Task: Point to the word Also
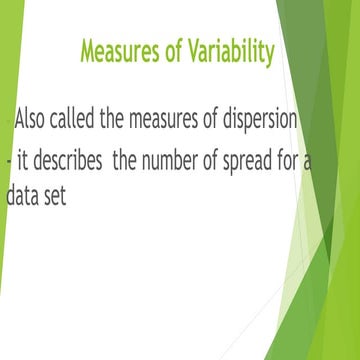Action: tap(34, 120)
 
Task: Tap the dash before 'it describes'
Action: tap(8, 160)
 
